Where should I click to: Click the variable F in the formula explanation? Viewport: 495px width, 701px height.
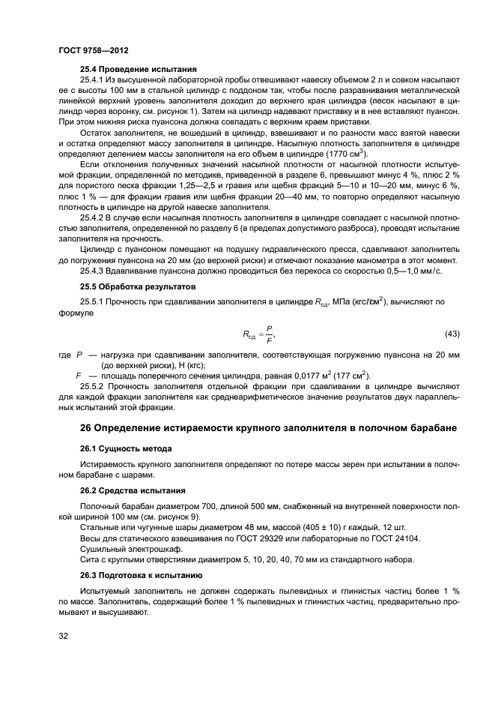click(x=79, y=375)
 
